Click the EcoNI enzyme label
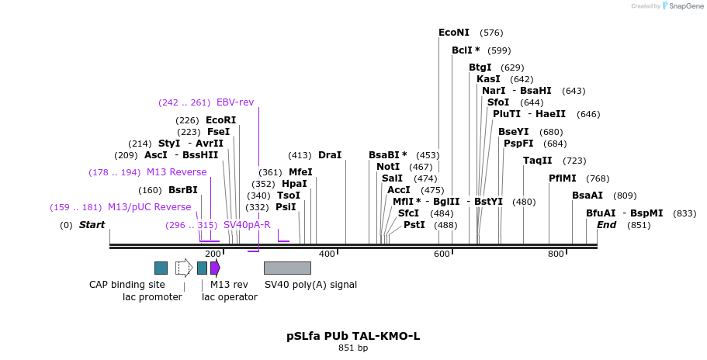[x=454, y=33]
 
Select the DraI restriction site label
[x=329, y=155]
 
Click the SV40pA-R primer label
[x=247, y=225]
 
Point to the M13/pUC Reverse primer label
[x=149, y=207]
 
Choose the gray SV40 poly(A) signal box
[x=287, y=268]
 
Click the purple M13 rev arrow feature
[x=215, y=268]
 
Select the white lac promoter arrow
[x=184, y=268]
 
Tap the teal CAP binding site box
[x=161, y=268]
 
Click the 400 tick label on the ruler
[x=327, y=254]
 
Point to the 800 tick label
[x=556, y=254]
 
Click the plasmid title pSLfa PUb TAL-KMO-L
[x=353, y=336]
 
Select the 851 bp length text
[x=353, y=348]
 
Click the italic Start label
[x=92, y=225]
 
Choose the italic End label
[x=606, y=225]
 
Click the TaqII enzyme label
[x=537, y=161]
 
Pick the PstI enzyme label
[x=414, y=225]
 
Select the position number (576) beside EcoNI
[x=491, y=33]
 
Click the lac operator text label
[x=229, y=297]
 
